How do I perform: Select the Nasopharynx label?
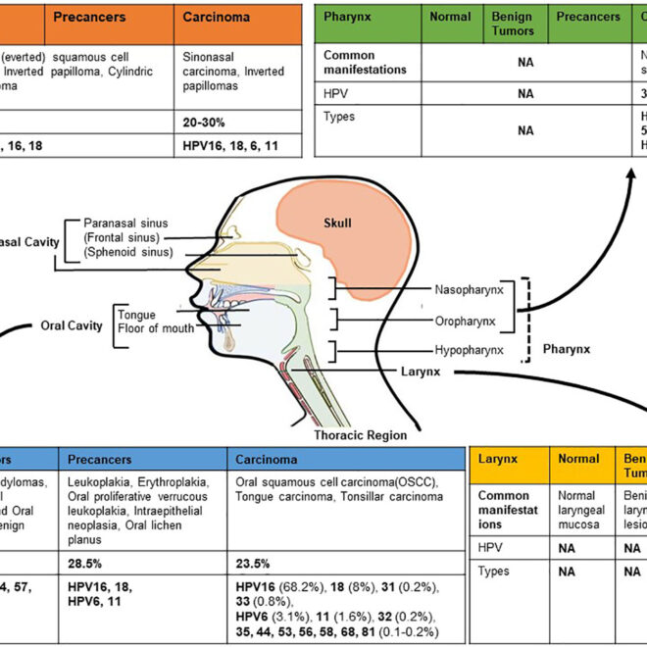point(470,290)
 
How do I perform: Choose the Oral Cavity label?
point(72,325)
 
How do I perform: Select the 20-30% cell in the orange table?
point(206,122)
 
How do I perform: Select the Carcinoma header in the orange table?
point(218,17)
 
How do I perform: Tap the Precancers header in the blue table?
point(102,458)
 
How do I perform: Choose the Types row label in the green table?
point(339,117)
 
